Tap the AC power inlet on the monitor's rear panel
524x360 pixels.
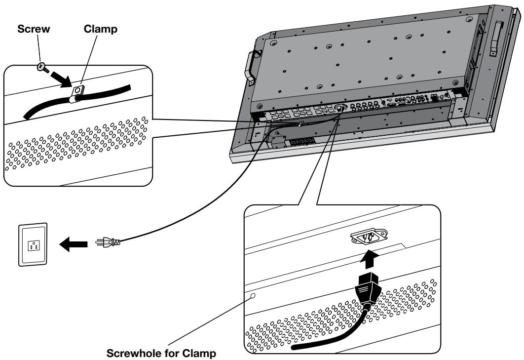(340, 109)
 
